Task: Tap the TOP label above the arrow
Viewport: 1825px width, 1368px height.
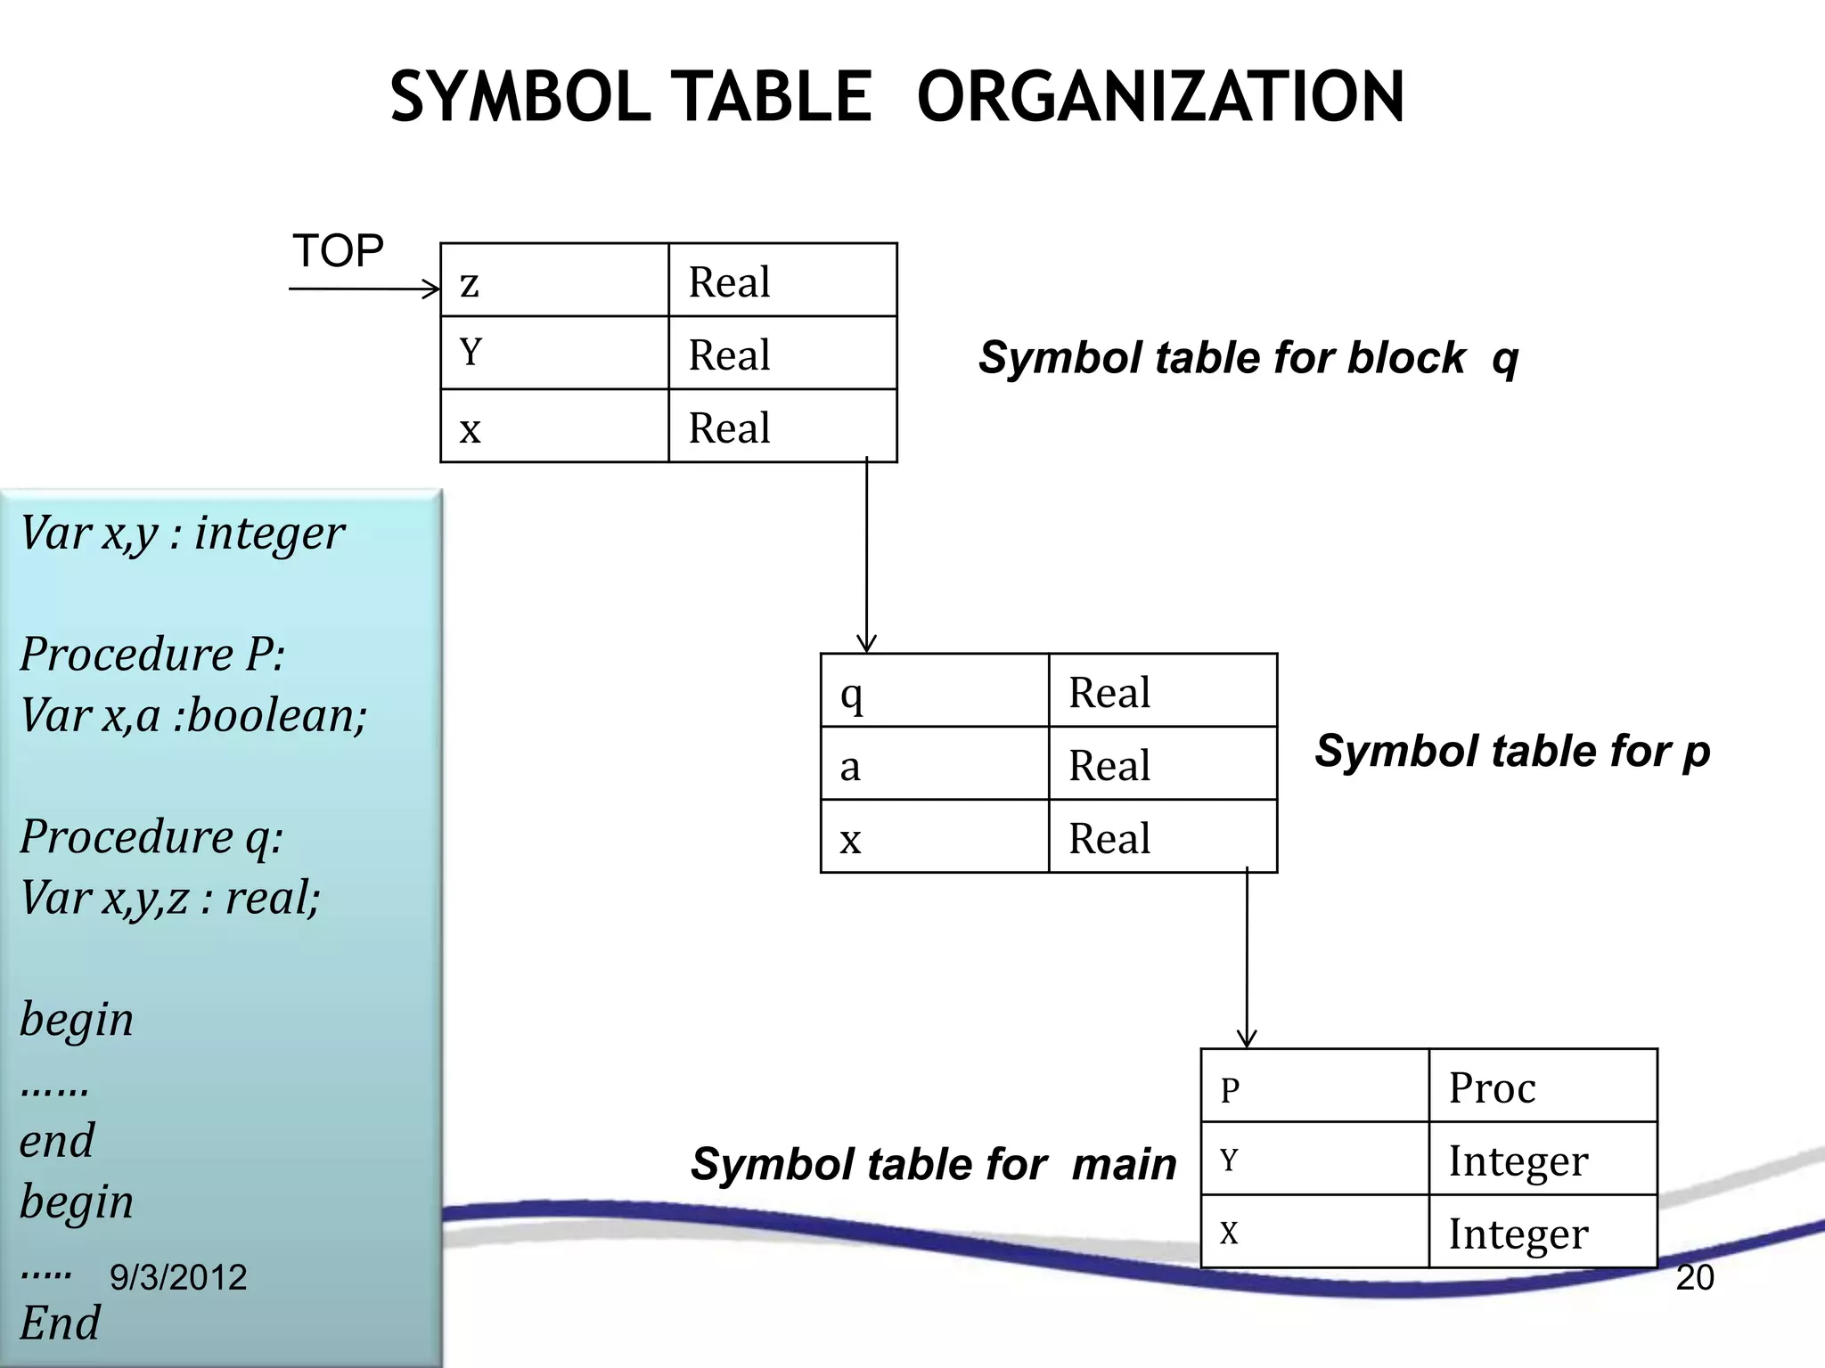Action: (338, 250)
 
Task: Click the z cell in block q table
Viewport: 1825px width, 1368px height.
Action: (553, 281)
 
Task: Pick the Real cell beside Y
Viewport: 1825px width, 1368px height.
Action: (782, 354)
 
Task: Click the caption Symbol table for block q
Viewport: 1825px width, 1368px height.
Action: (1248, 358)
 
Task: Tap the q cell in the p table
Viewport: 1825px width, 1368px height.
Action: (934, 692)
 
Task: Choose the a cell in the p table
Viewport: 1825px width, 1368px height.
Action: (934, 764)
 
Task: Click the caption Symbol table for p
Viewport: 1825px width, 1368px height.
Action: (1511, 751)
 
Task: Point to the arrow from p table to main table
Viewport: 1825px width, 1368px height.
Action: (1247, 957)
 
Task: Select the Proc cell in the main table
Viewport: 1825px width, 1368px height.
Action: (1542, 1087)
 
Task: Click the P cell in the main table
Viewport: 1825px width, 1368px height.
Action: (1314, 1087)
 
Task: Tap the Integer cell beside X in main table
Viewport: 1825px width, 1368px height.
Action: (1542, 1233)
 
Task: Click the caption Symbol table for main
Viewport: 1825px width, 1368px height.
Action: (932, 1164)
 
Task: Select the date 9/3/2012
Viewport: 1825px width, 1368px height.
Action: (177, 1277)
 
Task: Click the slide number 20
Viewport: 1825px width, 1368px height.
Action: (1694, 1277)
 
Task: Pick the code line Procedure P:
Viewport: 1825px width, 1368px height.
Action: (152, 654)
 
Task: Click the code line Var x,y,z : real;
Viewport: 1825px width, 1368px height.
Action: (169, 897)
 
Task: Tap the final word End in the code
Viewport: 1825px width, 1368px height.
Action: (60, 1323)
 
